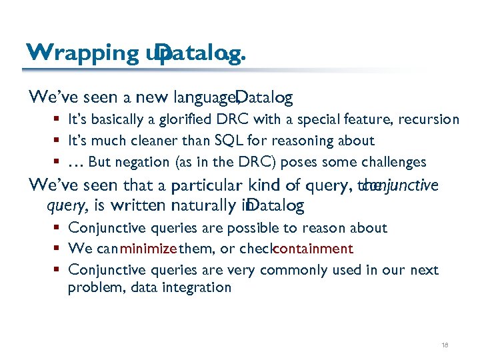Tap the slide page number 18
(x=445, y=345)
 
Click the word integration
(x=199, y=288)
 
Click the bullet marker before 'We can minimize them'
(x=59, y=249)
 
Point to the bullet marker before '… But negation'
(x=59, y=162)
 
